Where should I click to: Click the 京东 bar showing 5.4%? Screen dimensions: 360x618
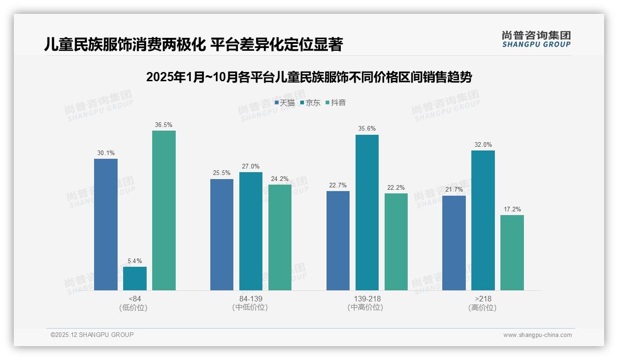pyautogui.click(x=135, y=278)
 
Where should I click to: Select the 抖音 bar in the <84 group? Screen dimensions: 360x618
pyautogui.click(x=164, y=210)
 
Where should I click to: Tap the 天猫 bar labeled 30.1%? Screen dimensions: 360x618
pyautogui.click(x=106, y=224)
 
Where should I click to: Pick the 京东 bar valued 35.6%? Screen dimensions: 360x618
pyautogui.click(x=367, y=212)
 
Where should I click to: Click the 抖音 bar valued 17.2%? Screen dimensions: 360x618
pyautogui.click(x=512, y=252)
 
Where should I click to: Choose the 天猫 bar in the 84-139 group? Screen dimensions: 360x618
pyautogui.click(x=222, y=234)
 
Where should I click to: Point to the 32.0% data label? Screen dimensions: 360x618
pyautogui.click(x=483, y=145)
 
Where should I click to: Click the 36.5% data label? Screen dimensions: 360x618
pyautogui.click(x=164, y=125)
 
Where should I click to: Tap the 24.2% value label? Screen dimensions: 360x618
pyautogui.click(x=280, y=179)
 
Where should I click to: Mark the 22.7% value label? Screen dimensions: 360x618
pyautogui.click(x=338, y=186)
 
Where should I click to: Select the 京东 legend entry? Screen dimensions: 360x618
pyautogui.click(x=310, y=103)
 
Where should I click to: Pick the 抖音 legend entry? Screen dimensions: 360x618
pyautogui.click(x=336, y=103)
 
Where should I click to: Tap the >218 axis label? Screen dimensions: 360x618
pyautogui.click(x=483, y=299)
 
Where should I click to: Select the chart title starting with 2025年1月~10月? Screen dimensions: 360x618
pyautogui.click(x=309, y=77)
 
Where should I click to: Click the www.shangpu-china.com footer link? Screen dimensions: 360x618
pyautogui.click(x=537, y=335)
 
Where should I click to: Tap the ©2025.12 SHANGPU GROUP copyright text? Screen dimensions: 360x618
pyautogui.click(x=92, y=335)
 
